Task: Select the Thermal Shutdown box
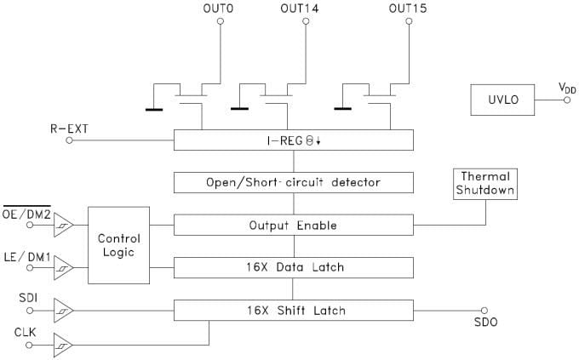tap(485, 183)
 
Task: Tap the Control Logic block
tap(119, 245)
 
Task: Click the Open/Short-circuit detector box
tap(294, 182)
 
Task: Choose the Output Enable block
tap(294, 226)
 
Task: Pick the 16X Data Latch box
tap(294, 267)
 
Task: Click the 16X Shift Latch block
tap(294, 310)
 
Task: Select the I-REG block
tap(294, 140)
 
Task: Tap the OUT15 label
tap(406, 9)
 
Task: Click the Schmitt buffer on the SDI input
tap(63, 310)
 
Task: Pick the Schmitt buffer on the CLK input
tap(63, 345)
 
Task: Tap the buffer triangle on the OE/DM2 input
tap(63, 226)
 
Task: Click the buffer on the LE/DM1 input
tap(63, 267)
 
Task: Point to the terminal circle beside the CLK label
tap(31, 345)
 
